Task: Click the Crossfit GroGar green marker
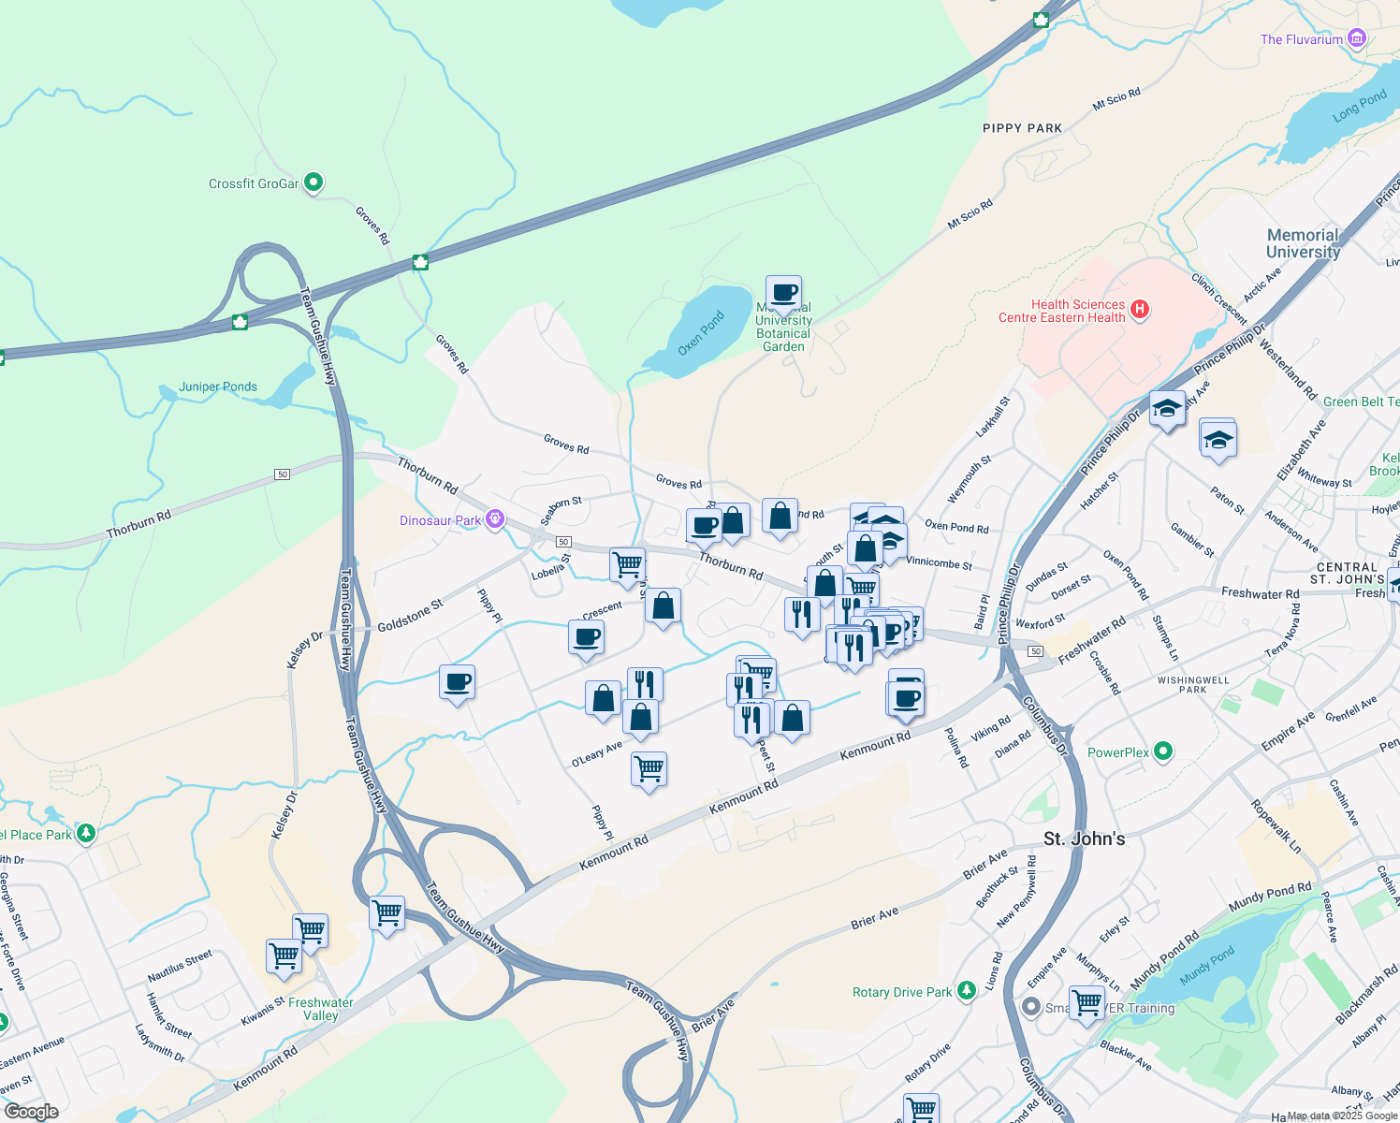click(x=314, y=182)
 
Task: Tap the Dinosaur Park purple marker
click(x=495, y=519)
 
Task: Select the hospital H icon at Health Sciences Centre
click(x=1139, y=310)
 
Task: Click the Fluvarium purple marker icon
click(x=1357, y=38)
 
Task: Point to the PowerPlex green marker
click(x=1163, y=751)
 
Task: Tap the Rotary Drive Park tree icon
click(x=967, y=991)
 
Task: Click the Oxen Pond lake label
click(x=701, y=333)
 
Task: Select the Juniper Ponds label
click(x=218, y=386)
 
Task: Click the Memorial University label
click(x=1303, y=243)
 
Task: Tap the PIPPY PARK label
click(x=1022, y=128)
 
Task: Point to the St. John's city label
click(x=1084, y=839)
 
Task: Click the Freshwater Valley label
click(x=320, y=1009)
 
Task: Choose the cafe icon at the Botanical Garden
click(x=783, y=293)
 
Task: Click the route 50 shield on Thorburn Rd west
click(x=283, y=474)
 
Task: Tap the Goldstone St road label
click(x=410, y=616)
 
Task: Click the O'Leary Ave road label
click(x=597, y=754)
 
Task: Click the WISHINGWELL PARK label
click(x=1192, y=685)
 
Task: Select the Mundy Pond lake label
click(x=1206, y=966)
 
